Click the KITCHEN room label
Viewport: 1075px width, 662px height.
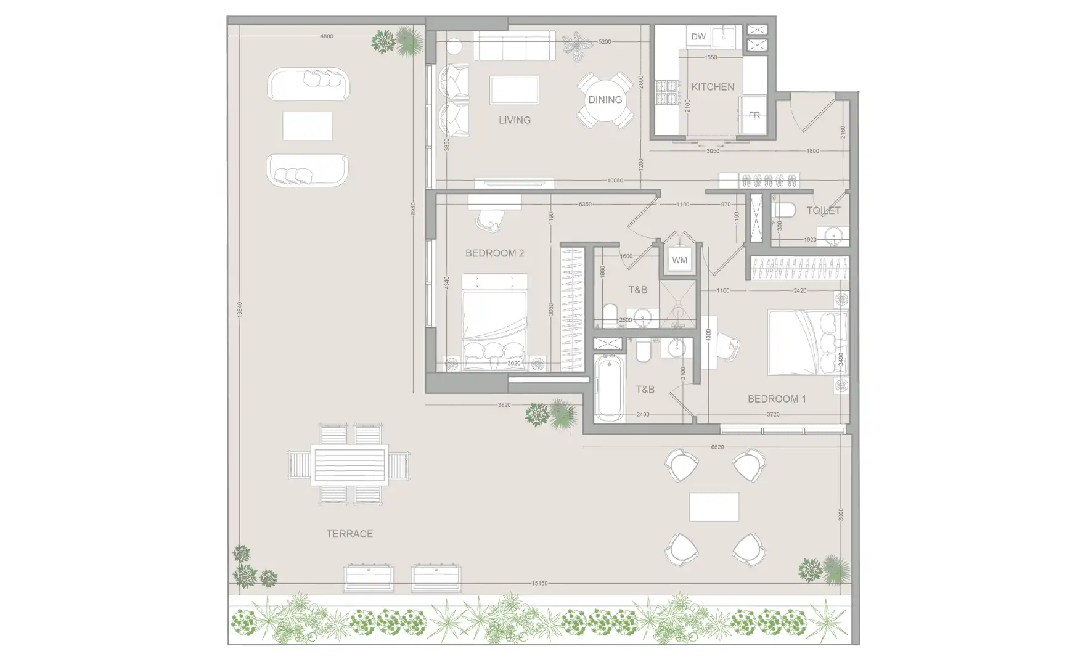pos(713,87)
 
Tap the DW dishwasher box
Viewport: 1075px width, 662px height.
pos(698,36)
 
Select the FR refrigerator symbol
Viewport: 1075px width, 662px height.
pos(754,115)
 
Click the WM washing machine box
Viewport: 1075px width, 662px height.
pos(679,260)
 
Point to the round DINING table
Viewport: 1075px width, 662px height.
pos(605,100)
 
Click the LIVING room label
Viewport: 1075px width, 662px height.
pos(514,120)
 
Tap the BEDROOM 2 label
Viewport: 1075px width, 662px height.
pos(494,253)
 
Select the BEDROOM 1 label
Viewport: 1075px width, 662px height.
pos(776,399)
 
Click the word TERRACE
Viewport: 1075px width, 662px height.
pos(349,534)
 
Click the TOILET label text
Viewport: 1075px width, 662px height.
pos(823,210)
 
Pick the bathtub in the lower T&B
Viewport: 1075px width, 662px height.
pos(610,388)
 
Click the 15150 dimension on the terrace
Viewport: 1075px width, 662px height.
pos(539,583)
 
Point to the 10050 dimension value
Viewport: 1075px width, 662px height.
pos(615,181)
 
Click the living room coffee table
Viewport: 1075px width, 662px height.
pos(514,91)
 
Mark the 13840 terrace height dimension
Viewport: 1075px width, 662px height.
pos(239,309)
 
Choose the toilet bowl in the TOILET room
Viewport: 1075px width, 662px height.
pos(781,211)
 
